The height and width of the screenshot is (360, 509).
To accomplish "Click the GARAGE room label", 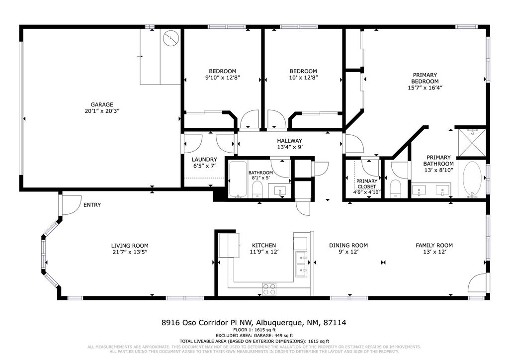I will tap(101, 104).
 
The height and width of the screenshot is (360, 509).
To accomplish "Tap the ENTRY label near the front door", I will tap(92, 205).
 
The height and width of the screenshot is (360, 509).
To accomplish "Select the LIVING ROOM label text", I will tap(130, 246).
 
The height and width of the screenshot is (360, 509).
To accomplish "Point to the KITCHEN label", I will tap(263, 246).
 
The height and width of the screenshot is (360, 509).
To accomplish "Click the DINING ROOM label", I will tap(348, 246).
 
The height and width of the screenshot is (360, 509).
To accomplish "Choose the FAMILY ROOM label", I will tap(434, 246).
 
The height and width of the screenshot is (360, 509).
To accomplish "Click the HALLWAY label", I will tap(289, 141).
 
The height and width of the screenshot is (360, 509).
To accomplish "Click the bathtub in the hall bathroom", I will tap(237, 179).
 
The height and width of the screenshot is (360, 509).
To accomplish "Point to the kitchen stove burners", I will tap(269, 288).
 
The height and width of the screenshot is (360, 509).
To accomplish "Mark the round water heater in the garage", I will tap(170, 38).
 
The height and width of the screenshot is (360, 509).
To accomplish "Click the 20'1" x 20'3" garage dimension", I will tap(101, 111).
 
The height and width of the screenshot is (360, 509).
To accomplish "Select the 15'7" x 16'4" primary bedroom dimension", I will tap(424, 88).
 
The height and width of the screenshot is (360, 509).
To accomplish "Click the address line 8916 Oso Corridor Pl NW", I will tap(254, 323).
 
